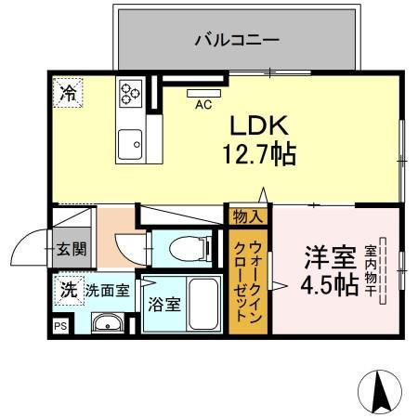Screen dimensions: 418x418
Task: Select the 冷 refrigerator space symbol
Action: (69, 92)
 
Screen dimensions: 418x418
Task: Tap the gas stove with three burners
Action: (129, 92)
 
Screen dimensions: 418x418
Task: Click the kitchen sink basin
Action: (129, 144)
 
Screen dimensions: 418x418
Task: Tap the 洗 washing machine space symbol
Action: (68, 289)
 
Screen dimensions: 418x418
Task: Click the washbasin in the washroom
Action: (109, 323)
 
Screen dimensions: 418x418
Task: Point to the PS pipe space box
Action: (60, 326)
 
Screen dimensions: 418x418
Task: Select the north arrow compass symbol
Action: (380, 390)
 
